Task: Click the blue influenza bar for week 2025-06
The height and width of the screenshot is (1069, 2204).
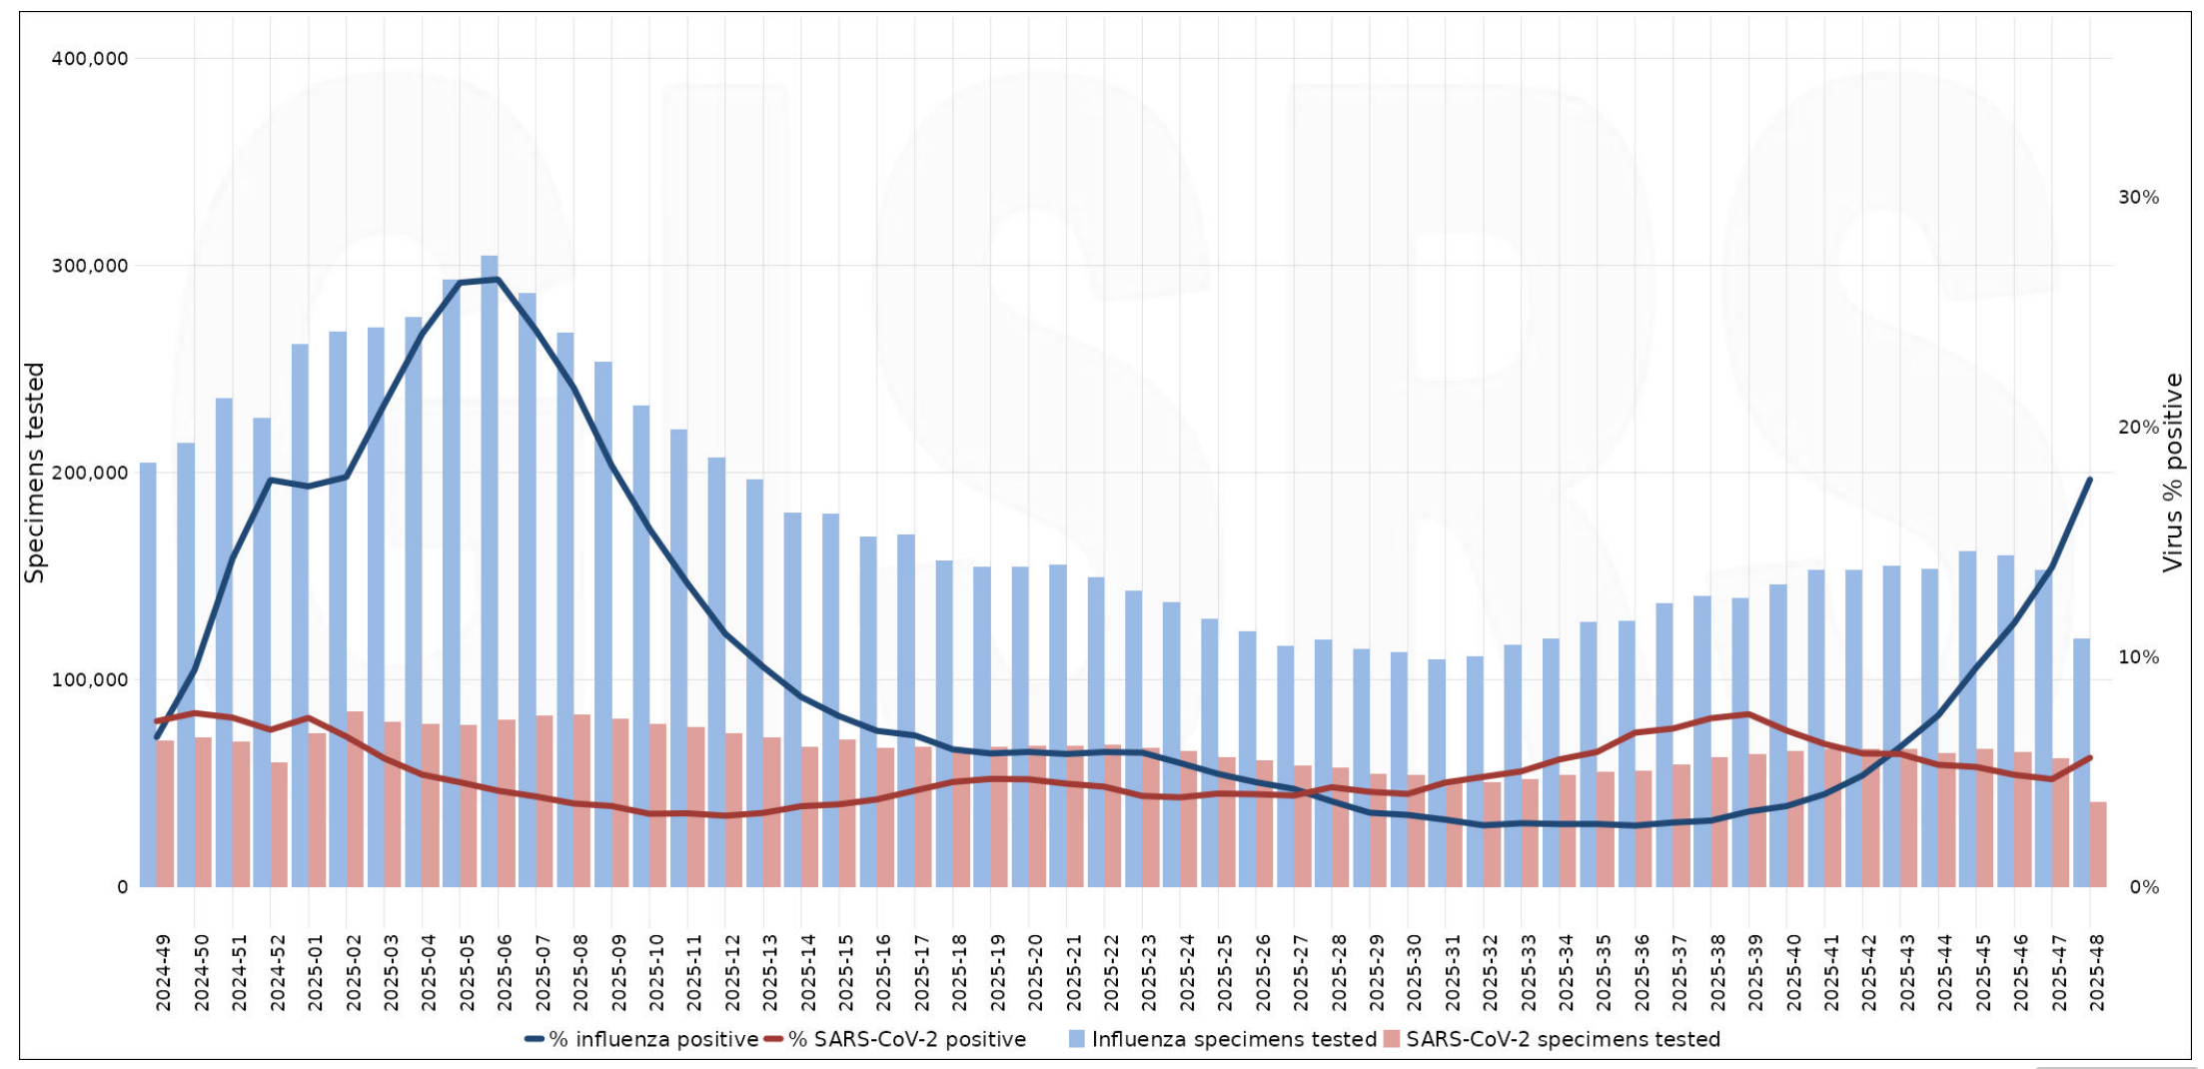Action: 490,569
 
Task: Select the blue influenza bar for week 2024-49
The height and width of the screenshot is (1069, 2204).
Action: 148,674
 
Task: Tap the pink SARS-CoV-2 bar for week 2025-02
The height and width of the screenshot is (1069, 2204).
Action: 355,799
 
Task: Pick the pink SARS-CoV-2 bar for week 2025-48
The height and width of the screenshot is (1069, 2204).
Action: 2098,844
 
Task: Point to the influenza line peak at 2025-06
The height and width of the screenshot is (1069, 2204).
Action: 498,280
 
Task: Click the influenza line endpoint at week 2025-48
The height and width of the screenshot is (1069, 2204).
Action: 2089,480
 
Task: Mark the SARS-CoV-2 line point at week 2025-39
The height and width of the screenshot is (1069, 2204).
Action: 1747,713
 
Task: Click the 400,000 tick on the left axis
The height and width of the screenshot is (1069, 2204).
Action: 90,59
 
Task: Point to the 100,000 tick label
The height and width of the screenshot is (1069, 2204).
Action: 90,680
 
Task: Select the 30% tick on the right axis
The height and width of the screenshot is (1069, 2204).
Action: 2138,197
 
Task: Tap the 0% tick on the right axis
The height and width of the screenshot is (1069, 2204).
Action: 2144,887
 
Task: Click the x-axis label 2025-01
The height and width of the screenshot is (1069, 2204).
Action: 316,972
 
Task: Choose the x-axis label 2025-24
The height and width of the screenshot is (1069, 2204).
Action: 1187,972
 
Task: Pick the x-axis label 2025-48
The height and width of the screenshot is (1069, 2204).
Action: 2096,972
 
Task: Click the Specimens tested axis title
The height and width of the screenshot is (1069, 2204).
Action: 36,473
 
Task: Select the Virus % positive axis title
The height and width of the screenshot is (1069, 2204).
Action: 2173,473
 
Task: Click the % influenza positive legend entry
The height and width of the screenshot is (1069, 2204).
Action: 641,1039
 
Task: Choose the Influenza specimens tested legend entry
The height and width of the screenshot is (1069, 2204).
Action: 1223,1039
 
